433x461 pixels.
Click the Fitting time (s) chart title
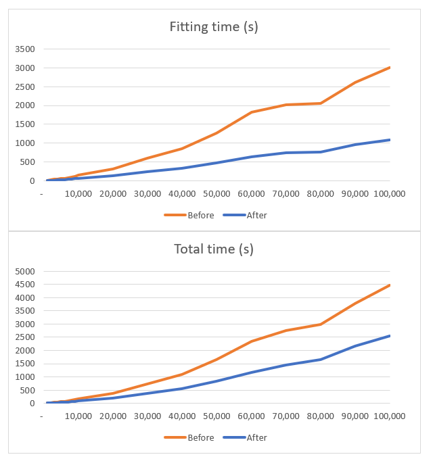point(213,28)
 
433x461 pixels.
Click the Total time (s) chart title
point(213,249)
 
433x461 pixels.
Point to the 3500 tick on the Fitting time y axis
point(24,49)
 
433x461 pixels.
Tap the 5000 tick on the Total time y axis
point(24,271)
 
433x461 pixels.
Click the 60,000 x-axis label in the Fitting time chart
point(251,193)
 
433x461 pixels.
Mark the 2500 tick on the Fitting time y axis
point(24,87)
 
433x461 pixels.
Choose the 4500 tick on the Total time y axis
point(24,285)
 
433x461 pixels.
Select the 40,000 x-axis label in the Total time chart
point(182,416)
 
